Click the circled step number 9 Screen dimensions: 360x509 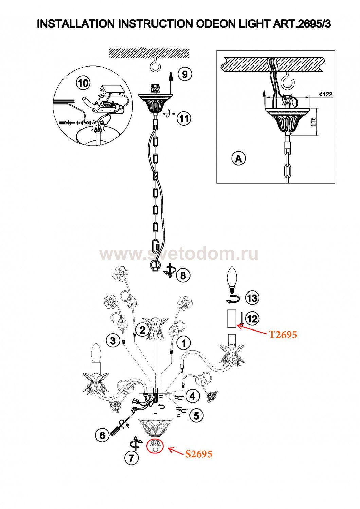tap(185, 74)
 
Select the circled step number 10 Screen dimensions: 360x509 tap(84, 83)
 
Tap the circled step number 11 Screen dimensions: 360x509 tap(184, 119)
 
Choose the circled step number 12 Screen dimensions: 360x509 tap(252, 319)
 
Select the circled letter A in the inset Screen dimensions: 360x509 tap(238, 158)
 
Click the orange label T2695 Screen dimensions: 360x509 tap(283, 335)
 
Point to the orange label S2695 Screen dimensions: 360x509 tap(199, 454)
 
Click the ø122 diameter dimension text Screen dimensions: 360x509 tap(326, 94)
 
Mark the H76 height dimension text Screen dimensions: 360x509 tap(314, 122)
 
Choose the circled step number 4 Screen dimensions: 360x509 tap(192, 396)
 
